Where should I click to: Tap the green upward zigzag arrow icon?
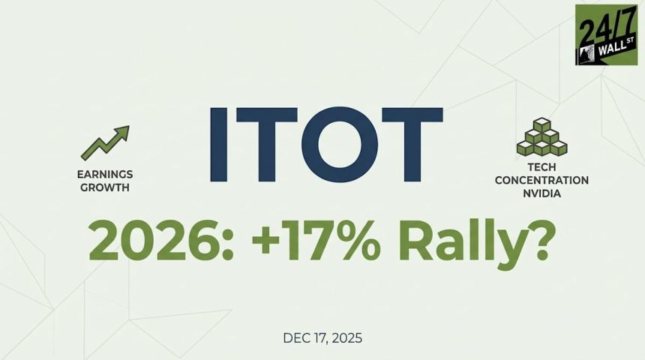coord(105,142)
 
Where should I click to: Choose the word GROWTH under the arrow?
coord(105,187)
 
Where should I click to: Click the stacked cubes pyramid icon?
coord(541,138)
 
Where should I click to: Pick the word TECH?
coord(541,169)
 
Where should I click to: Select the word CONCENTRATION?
coord(541,181)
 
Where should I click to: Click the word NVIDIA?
coord(541,193)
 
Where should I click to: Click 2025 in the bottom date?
coord(347,338)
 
